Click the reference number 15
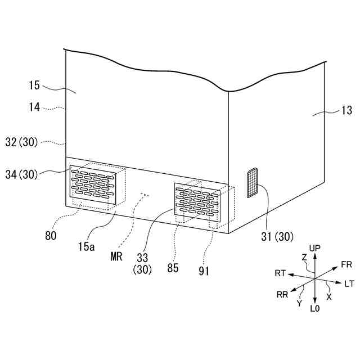34,85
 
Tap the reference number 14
34,106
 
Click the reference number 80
51,236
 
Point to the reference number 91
204,271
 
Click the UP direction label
315,248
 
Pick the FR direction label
346,264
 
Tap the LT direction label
349,284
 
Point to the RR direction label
283,294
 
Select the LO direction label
315,309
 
